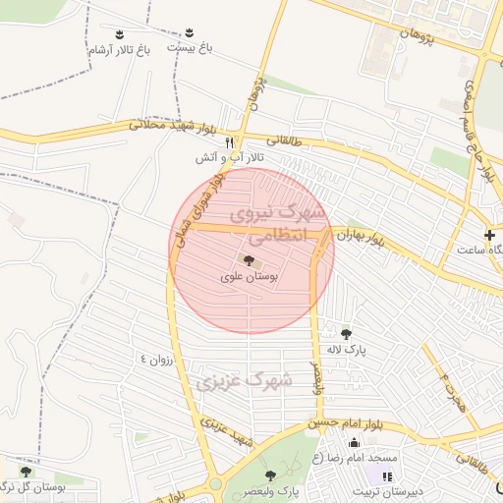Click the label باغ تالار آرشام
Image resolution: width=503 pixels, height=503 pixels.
pyautogui.click(x=120, y=50)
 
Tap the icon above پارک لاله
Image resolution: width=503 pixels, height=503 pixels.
pyautogui.click(x=345, y=333)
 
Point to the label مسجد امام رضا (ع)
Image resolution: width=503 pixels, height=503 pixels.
pyautogui.click(x=356, y=458)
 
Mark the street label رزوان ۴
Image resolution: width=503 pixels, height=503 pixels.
pyautogui.click(x=157, y=361)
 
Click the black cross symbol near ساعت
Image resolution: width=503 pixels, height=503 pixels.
pyautogui.click(x=490, y=235)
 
